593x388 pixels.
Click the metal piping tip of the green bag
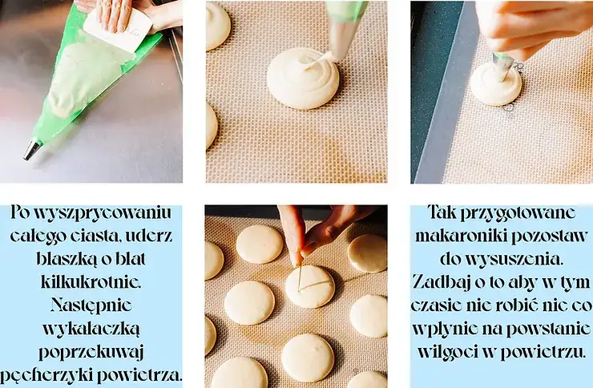click(x=31, y=150)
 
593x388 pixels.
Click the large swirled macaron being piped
click(x=302, y=78)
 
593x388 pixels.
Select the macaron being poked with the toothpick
click(x=310, y=286)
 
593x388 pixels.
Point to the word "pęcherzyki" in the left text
click(x=51, y=374)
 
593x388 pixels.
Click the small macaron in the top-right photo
click(x=495, y=85)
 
